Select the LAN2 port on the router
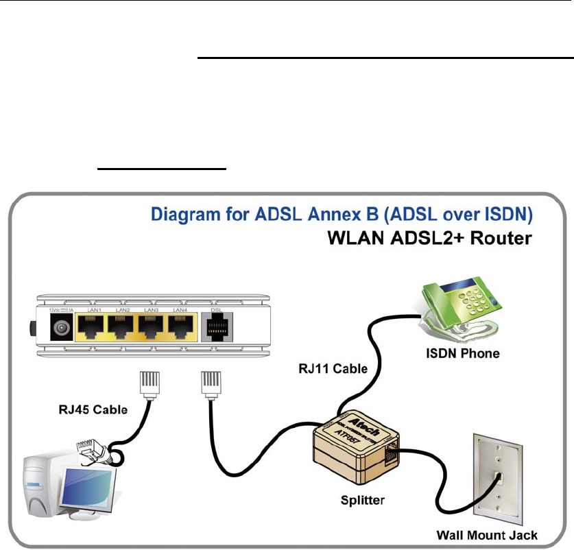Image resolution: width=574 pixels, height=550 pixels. pyautogui.click(x=123, y=328)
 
